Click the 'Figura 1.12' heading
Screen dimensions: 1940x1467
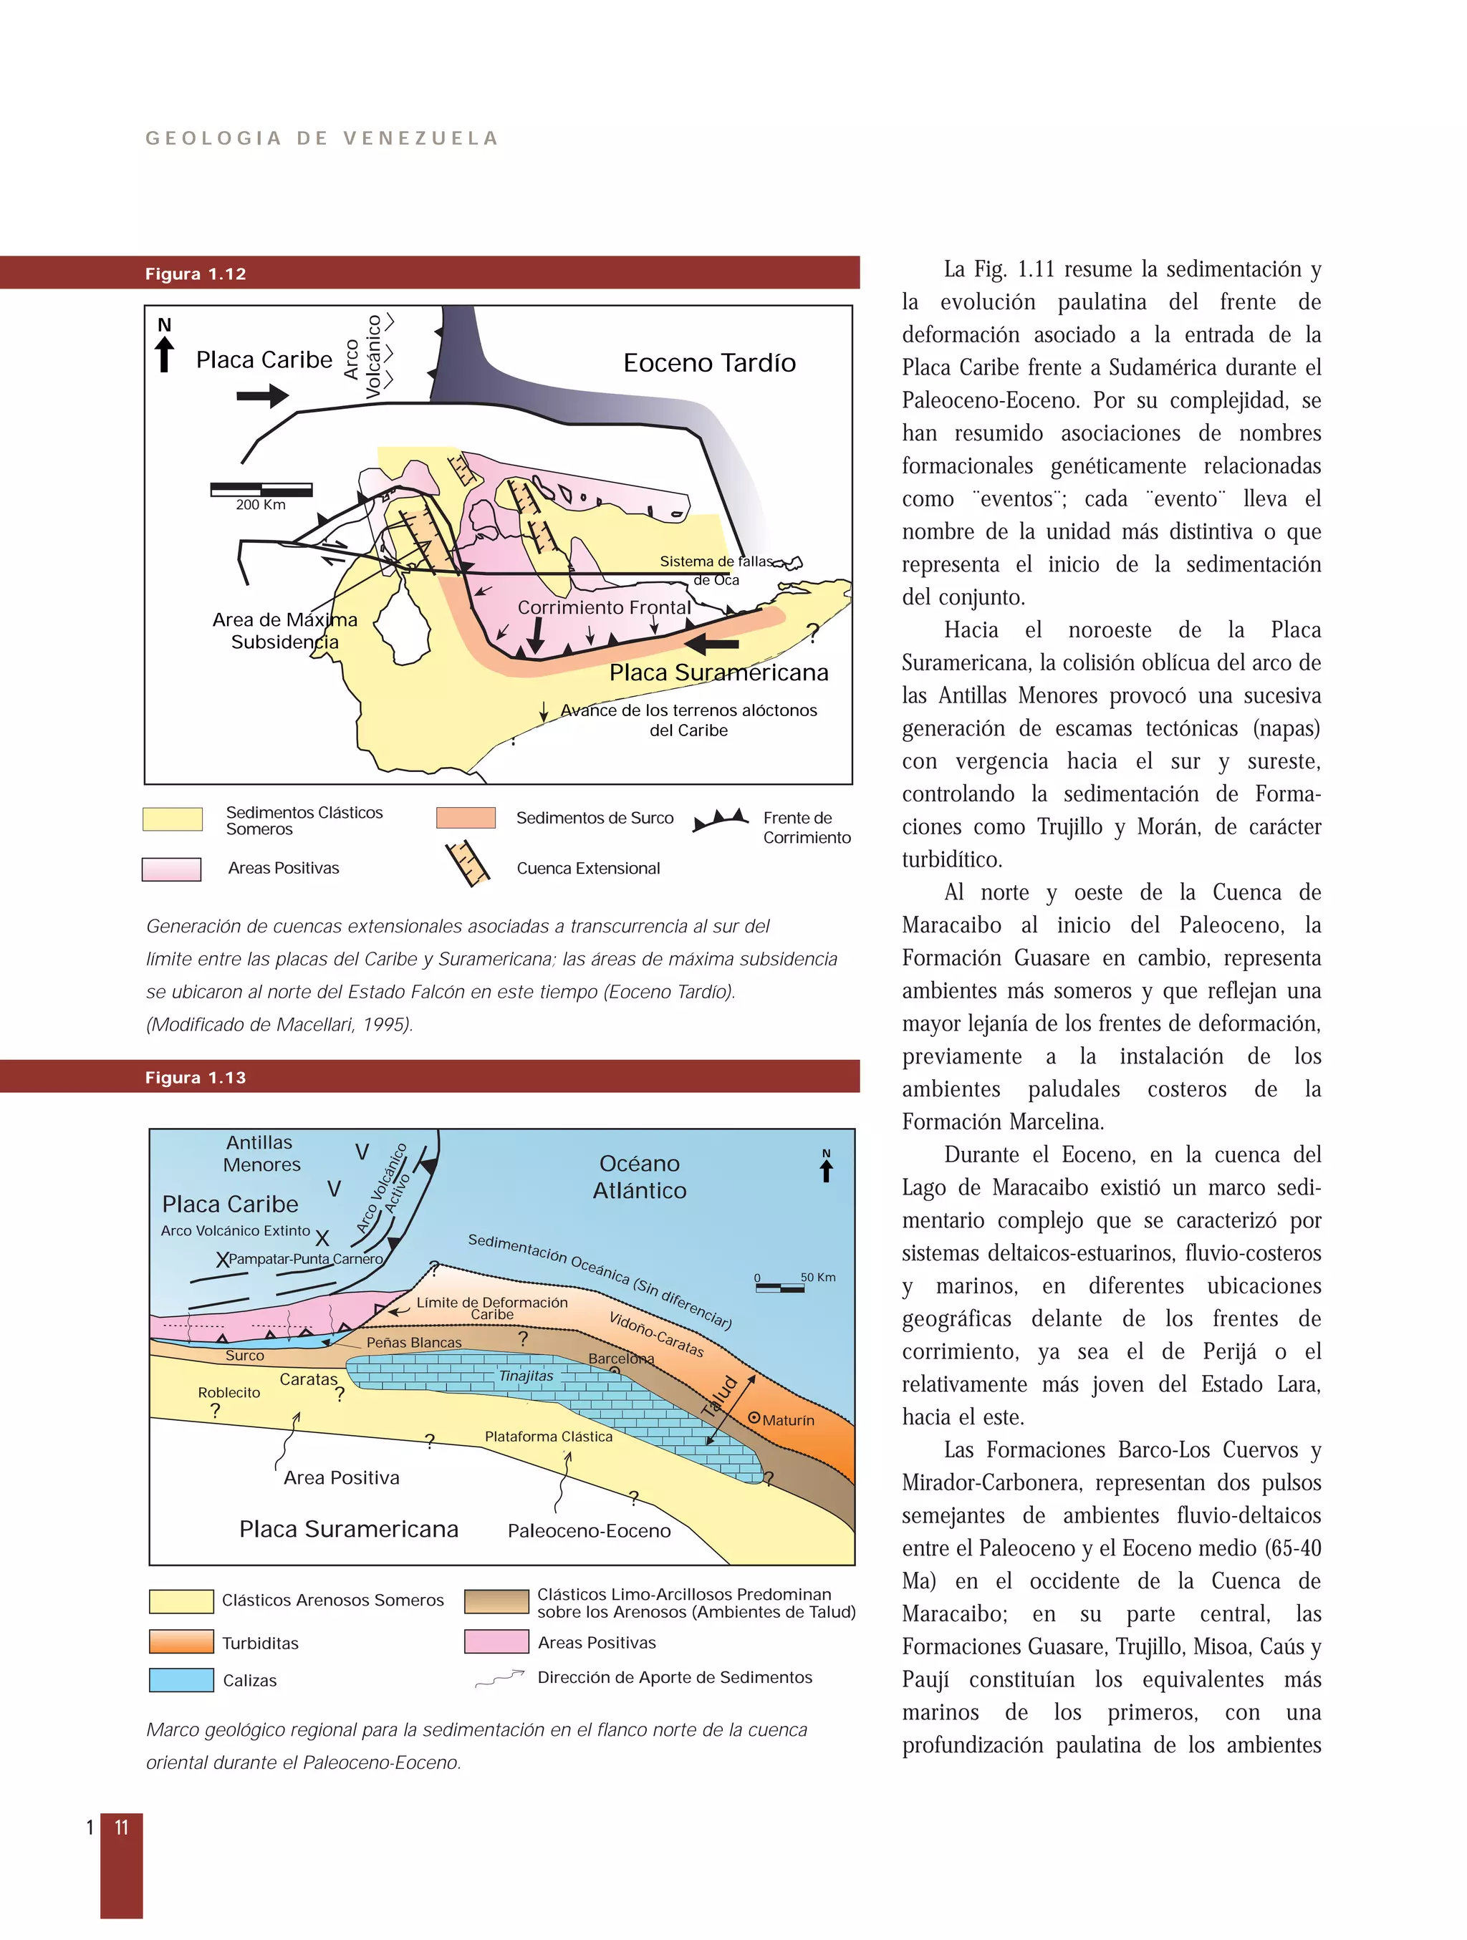(x=195, y=274)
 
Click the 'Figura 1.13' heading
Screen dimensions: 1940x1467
(x=195, y=1077)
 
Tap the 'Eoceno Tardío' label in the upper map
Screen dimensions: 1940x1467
(x=709, y=362)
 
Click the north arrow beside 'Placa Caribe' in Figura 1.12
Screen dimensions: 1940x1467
(x=164, y=347)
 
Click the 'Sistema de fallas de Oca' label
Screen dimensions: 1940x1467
(x=716, y=569)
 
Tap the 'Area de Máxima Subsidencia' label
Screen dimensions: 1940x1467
(x=284, y=631)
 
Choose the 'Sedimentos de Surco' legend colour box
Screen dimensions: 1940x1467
(x=466, y=817)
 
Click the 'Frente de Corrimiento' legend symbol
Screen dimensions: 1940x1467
(x=721, y=820)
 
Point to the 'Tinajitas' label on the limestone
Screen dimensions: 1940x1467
(x=526, y=1375)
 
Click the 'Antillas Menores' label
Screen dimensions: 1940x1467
(x=261, y=1153)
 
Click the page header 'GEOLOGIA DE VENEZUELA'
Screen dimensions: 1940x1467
(x=321, y=139)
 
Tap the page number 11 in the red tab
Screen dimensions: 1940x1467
(x=121, y=1827)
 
